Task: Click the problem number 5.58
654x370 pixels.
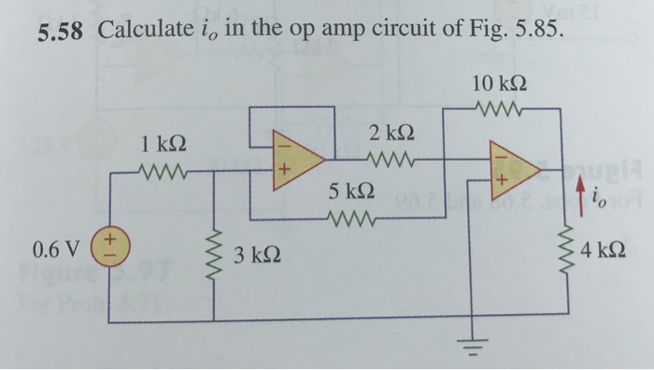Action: (x=63, y=32)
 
